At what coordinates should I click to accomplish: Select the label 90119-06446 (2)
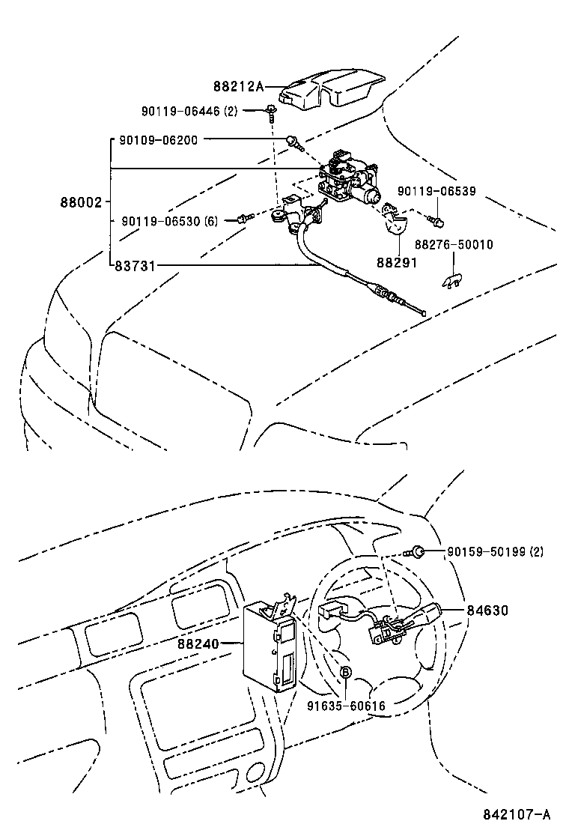point(189,112)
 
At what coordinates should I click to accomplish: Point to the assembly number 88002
point(80,202)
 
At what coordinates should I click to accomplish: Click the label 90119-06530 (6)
point(169,221)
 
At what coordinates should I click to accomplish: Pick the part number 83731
point(134,265)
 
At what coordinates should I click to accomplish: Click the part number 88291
point(396,263)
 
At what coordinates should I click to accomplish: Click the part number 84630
point(487,611)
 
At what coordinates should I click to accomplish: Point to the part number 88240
point(198,643)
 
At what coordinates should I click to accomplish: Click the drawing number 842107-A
point(517,814)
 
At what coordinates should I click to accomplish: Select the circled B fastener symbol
point(346,673)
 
